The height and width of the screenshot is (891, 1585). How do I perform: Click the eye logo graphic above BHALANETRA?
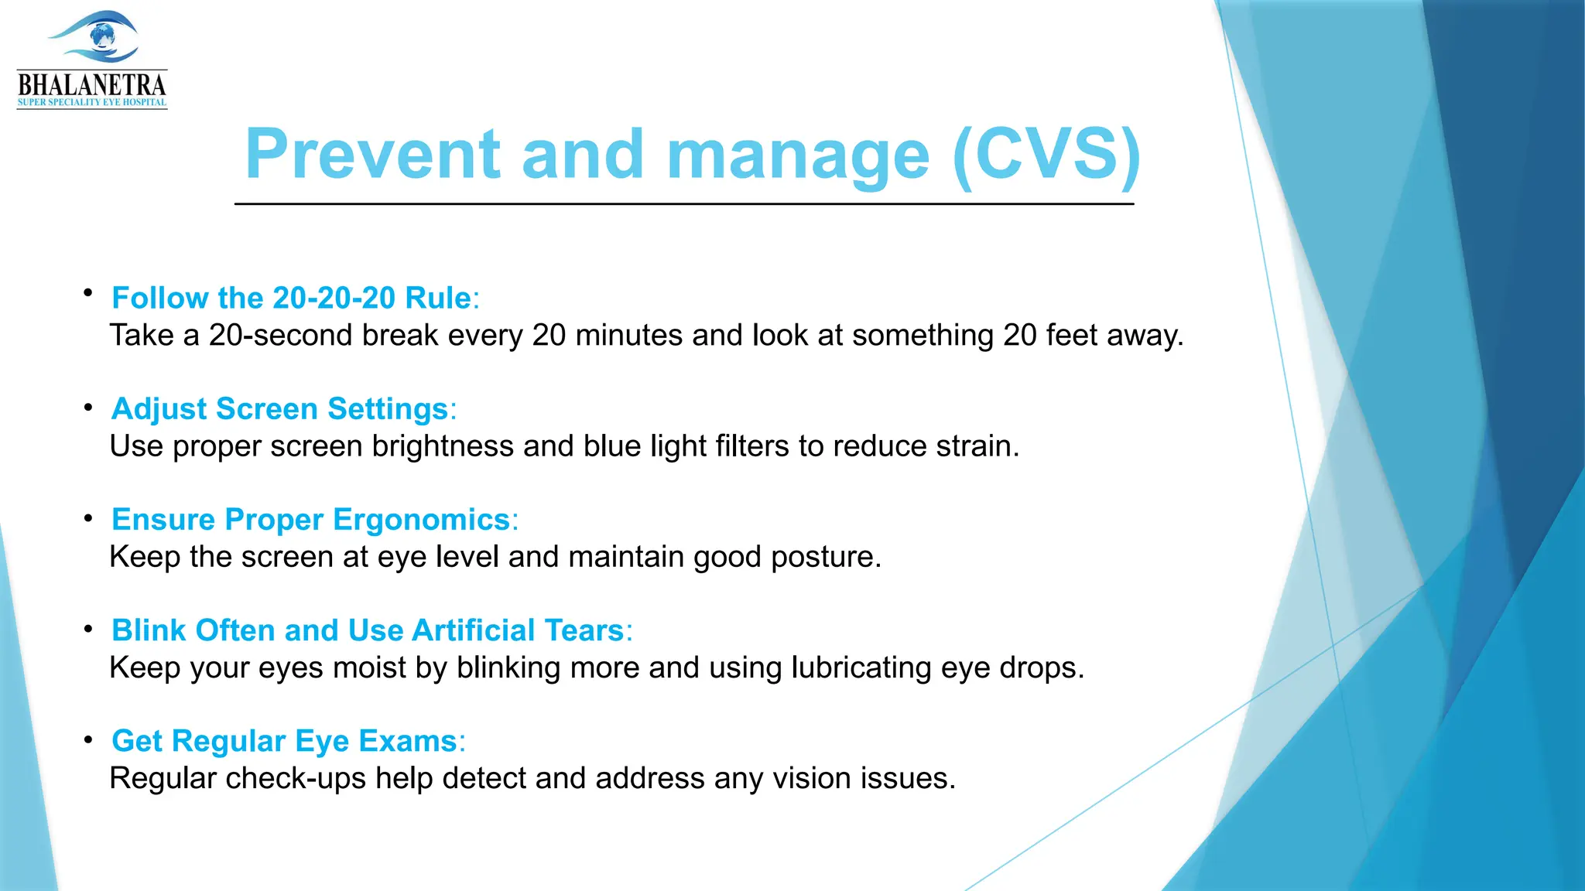[x=94, y=37]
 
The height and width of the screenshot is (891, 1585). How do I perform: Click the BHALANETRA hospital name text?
[x=92, y=84]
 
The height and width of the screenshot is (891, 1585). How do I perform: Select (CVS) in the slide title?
[x=1046, y=155]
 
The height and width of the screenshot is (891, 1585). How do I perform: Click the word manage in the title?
[x=797, y=155]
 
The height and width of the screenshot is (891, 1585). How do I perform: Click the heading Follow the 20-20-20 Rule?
[x=292, y=298]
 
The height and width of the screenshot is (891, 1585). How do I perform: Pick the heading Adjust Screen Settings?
[x=280, y=408]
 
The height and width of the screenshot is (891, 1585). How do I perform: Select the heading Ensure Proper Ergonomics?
[x=310, y=519]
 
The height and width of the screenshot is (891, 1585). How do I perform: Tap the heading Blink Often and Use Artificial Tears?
[x=368, y=630]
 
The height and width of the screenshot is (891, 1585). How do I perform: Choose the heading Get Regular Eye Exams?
[x=284, y=740]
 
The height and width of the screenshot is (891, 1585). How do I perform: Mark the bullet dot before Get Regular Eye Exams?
[x=89, y=740]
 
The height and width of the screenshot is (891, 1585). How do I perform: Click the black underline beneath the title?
[x=684, y=204]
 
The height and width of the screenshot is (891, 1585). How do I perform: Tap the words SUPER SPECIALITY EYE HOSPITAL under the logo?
[x=92, y=103]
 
